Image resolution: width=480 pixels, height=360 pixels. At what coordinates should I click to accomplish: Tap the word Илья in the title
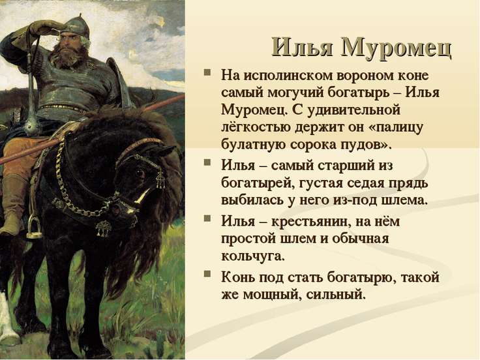point(302,47)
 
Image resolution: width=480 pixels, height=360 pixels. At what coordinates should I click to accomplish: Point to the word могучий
point(295,93)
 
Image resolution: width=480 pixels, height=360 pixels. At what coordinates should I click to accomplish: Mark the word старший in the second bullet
point(345,166)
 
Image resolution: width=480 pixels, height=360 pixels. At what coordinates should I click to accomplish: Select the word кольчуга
point(253,256)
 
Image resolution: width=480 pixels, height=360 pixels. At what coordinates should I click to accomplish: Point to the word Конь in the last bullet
point(238,277)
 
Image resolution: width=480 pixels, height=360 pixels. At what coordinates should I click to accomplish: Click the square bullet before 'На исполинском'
point(207,72)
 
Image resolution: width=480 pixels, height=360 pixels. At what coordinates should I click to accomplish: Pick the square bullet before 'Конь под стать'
point(207,274)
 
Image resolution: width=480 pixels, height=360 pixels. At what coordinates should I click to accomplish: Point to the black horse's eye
point(140,173)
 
